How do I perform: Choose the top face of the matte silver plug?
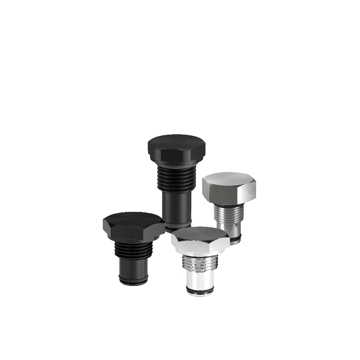[x=229, y=179]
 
